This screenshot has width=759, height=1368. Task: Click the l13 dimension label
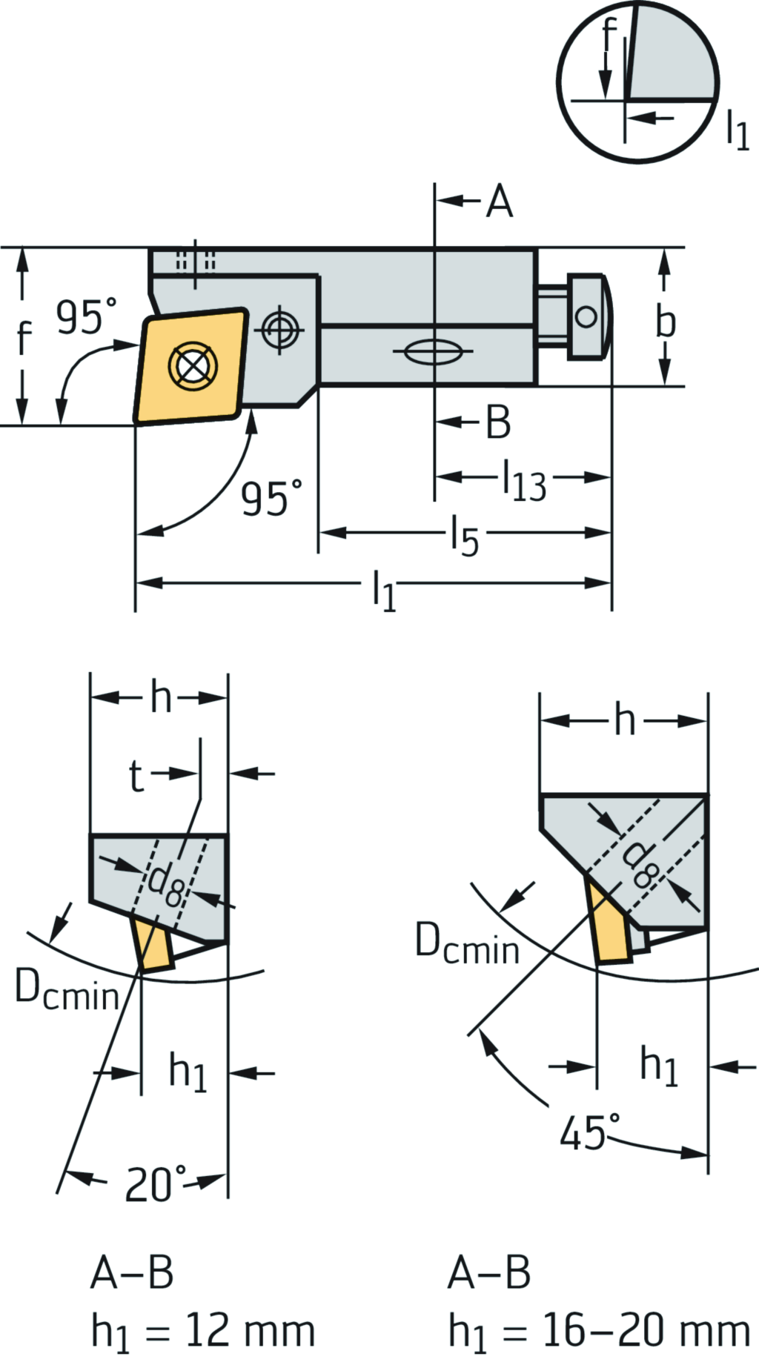[x=525, y=480]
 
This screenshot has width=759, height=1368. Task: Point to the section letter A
[x=500, y=201]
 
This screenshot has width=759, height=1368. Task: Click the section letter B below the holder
[x=498, y=422]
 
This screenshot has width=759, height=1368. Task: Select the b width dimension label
[x=665, y=322]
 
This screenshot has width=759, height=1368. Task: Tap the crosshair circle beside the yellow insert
[x=280, y=328]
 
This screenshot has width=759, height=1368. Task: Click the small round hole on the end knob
[x=586, y=317]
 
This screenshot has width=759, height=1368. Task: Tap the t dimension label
[x=136, y=775]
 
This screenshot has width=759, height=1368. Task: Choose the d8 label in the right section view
[x=639, y=865]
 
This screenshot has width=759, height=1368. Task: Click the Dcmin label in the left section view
[x=67, y=991]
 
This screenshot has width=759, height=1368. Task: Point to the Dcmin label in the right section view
[x=467, y=944]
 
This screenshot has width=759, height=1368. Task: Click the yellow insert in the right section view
[x=611, y=926]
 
